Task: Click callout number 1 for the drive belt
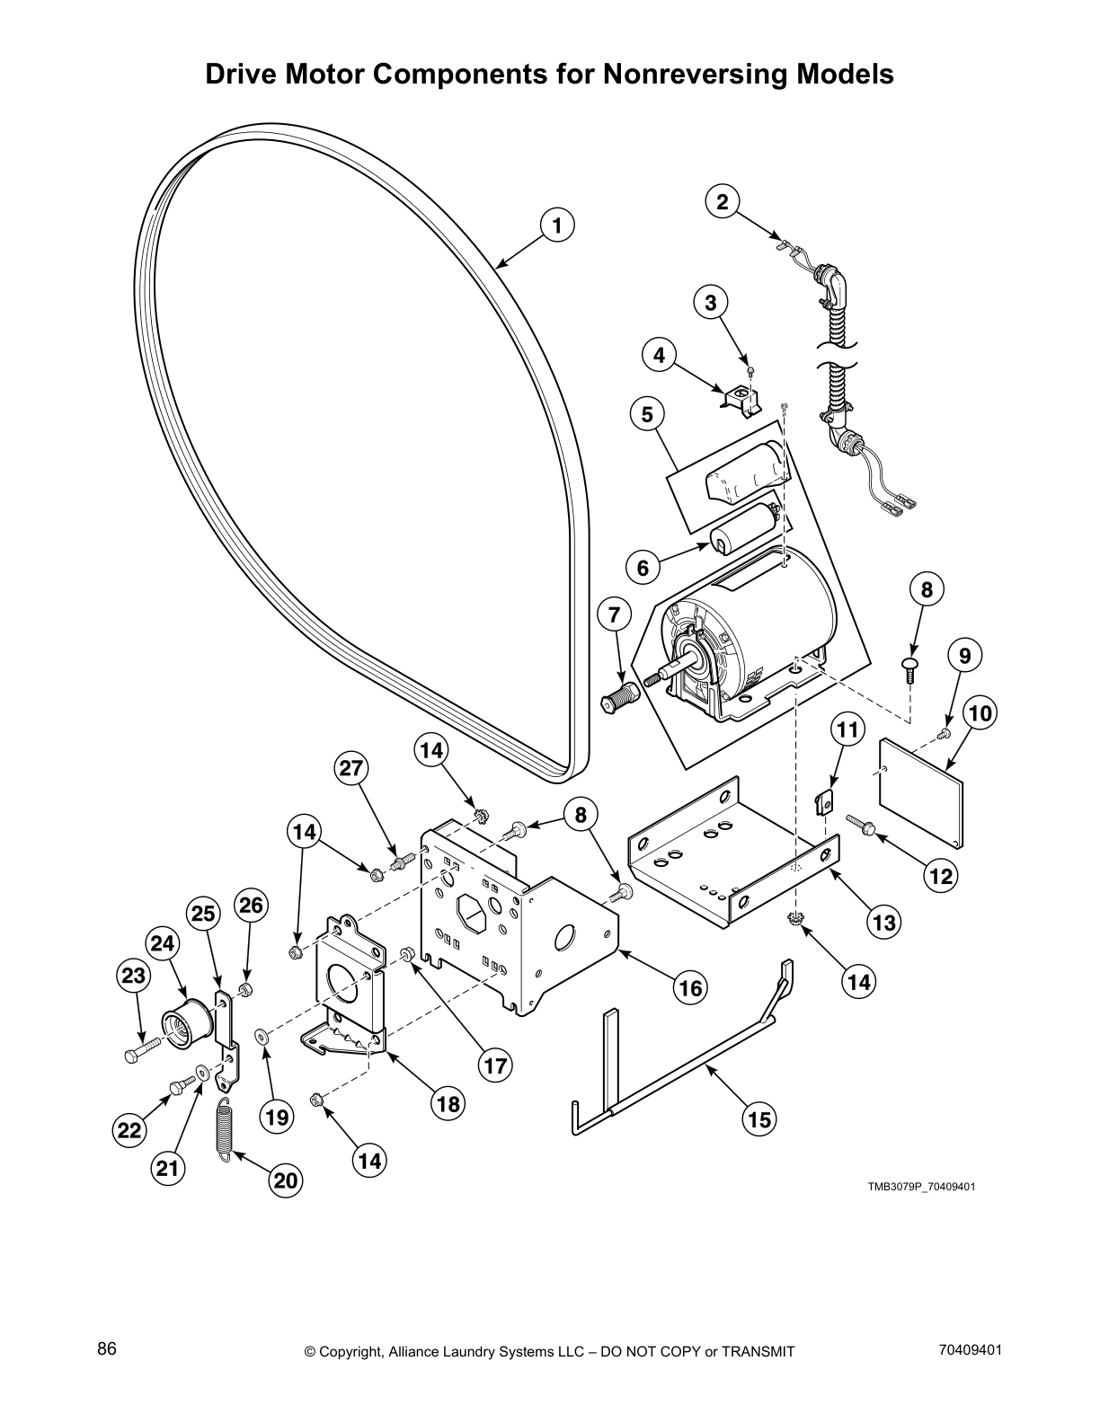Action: click(557, 225)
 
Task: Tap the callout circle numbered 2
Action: click(722, 202)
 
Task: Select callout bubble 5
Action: click(647, 414)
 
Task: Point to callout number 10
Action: click(980, 713)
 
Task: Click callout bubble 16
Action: click(689, 988)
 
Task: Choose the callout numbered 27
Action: click(351, 768)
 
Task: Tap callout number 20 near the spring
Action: click(285, 1180)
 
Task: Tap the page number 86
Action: click(107, 1350)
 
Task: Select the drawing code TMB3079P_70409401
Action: click(921, 1187)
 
